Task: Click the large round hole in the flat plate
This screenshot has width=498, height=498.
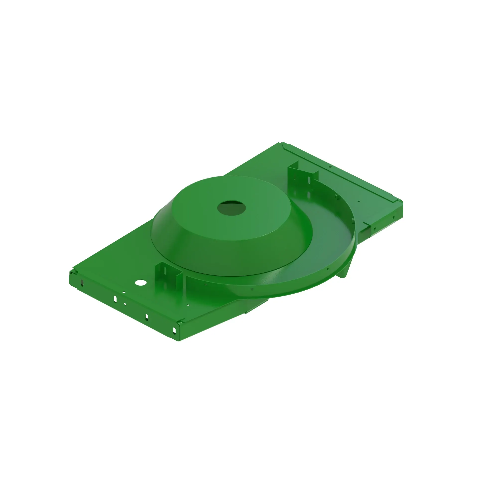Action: click(x=141, y=283)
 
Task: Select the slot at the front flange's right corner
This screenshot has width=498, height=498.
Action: click(x=175, y=330)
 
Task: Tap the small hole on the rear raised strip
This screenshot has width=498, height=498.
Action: click(x=330, y=167)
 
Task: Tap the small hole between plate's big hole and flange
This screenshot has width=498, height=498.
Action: click(x=124, y=293)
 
